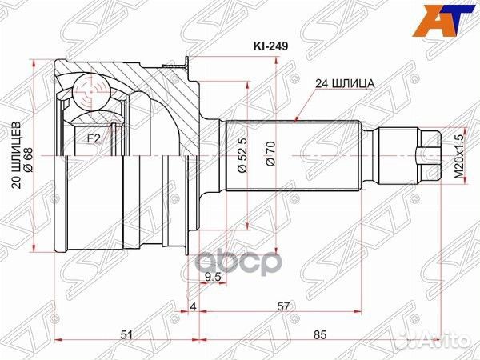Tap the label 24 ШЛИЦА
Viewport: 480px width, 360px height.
click(x=344, y=82)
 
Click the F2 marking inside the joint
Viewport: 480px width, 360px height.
click(x=93, y=138)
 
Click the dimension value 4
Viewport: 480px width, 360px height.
click(x=194, y=306)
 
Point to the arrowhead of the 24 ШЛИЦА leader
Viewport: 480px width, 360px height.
click(x=297, y=121)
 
